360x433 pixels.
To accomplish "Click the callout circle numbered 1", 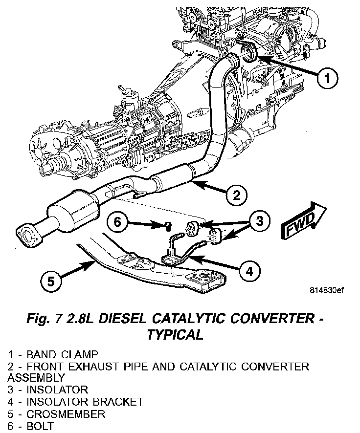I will [327, 77].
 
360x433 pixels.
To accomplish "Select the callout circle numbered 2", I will [236, 195].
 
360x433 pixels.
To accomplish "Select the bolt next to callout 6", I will [168, 225].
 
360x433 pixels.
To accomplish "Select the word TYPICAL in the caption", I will [174, 335].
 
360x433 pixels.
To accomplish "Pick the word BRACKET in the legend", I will [119, 402].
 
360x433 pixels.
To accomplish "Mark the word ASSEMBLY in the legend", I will [36, 378].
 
